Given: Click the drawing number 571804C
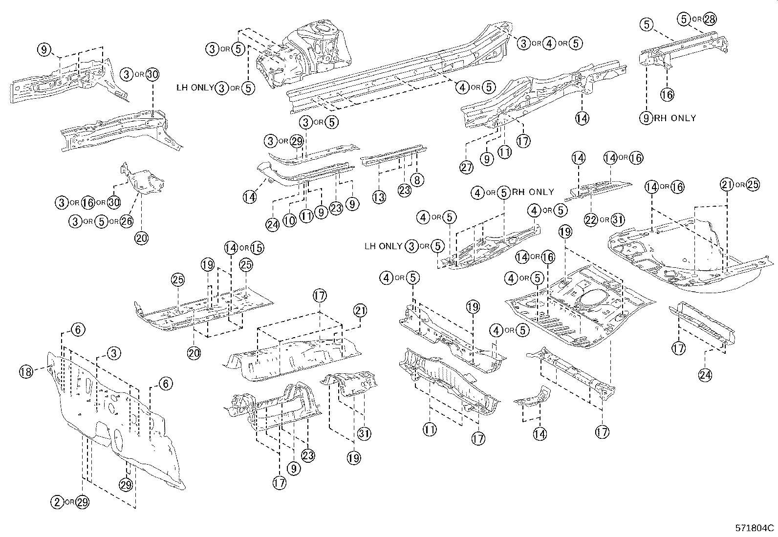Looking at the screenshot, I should coord(755,528).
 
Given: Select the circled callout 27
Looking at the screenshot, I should coord(467,167).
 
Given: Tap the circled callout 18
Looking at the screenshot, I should coord(26,372).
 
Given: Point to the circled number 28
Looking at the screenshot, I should coord(710,19).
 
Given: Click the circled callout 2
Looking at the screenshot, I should coord(58,502).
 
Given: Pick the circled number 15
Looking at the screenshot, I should coord(257,248).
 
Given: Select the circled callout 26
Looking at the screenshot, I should coord(126,221).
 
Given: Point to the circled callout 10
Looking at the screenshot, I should coord(290,220).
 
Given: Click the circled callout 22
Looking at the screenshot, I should coord(591,220).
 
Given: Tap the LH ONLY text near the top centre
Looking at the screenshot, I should coord(195,88).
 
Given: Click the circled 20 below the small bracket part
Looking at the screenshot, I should coord(142,238).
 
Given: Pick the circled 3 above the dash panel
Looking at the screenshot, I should coord(113,353).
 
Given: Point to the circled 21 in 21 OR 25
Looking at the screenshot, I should coord(727,185).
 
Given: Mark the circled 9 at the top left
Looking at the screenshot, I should coord(43,49).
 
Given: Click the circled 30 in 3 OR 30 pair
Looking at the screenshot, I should coord(152,74).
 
